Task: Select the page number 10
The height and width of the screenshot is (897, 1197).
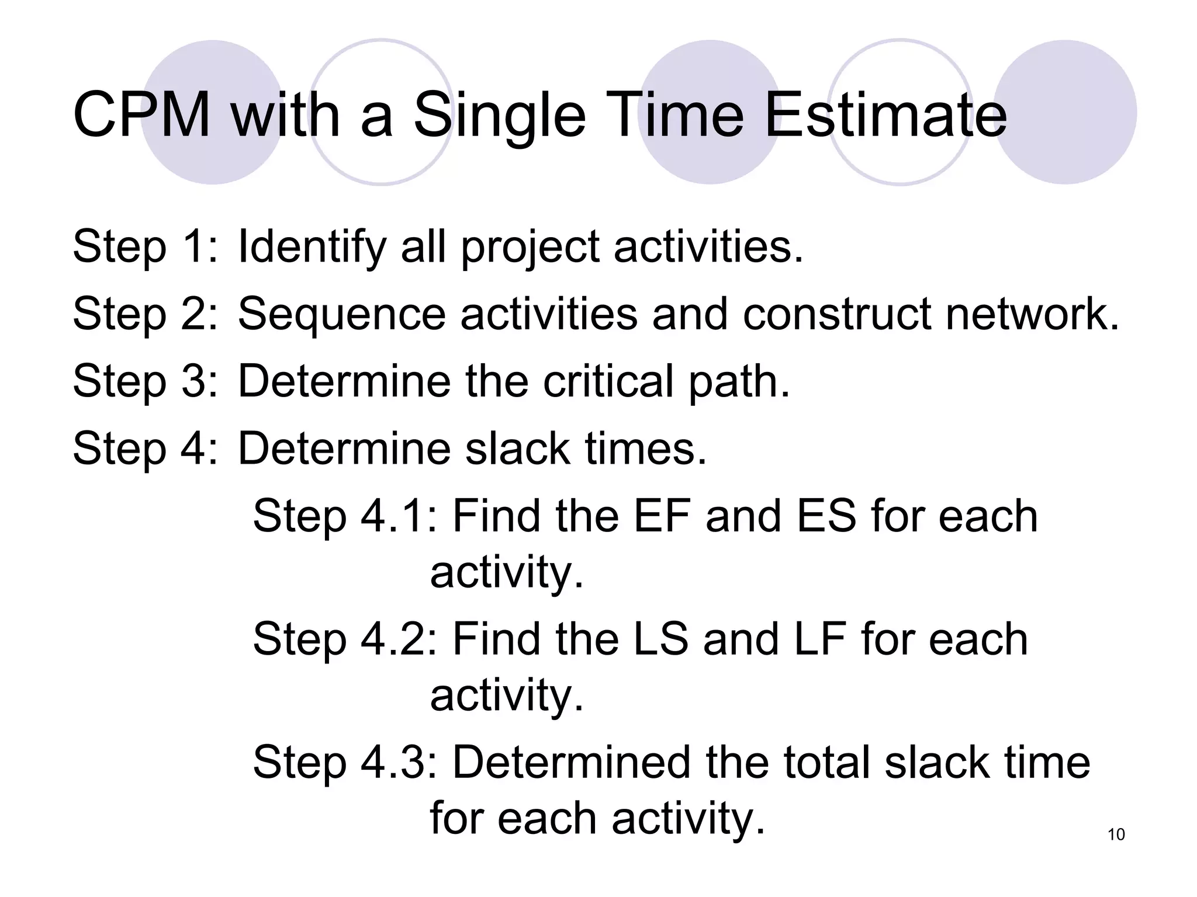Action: (x=1116, y=835)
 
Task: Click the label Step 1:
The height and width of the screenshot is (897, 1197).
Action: (x=145, y=247)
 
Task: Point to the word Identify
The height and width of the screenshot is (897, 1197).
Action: (x=312, y=247)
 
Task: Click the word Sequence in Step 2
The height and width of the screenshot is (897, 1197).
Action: (x=341, y=315)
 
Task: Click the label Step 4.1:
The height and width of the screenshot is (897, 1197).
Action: (x=345, y=517)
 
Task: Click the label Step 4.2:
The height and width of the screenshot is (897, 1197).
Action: (x=345, y=639)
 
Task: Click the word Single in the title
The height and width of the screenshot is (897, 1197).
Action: (x=499, y=116)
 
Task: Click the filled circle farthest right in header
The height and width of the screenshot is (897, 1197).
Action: (x=1065, y=112)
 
